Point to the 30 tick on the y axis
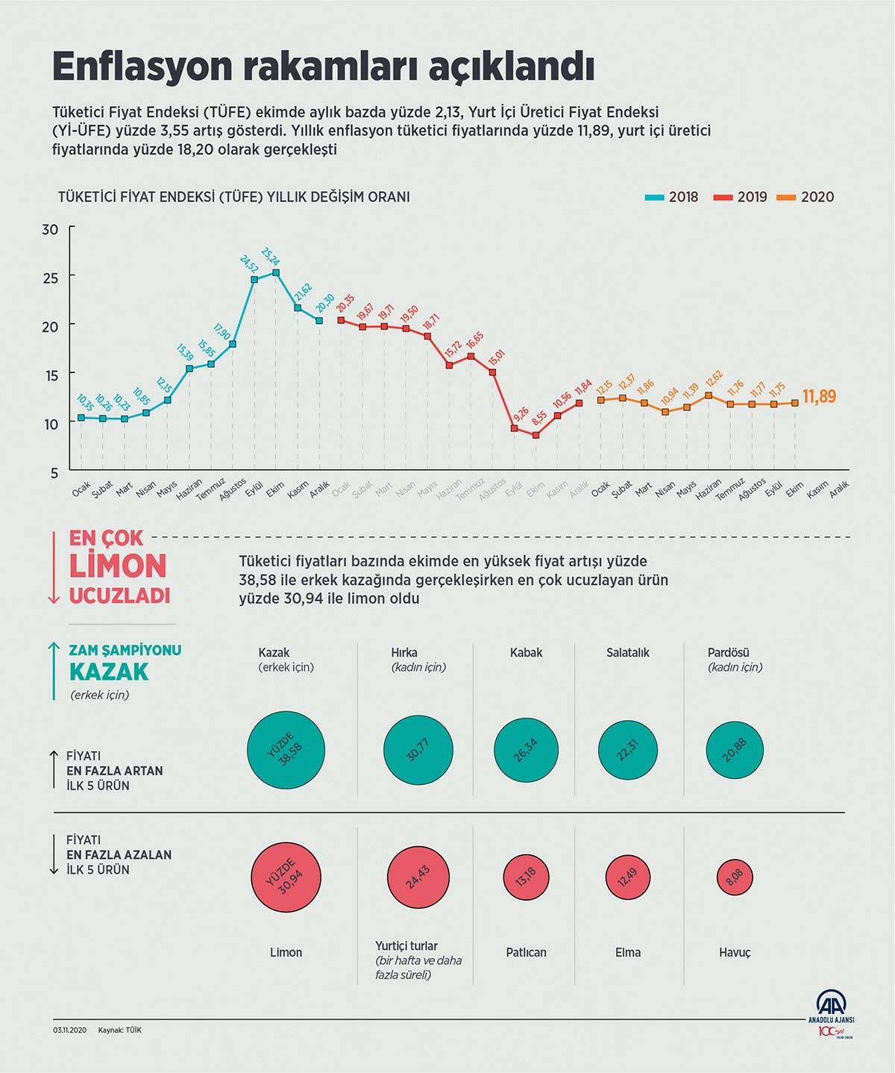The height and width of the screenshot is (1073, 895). [x=50, y=230]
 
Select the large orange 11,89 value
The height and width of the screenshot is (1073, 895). [x=819, y=397]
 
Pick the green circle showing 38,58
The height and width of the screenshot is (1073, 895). [x=286, y=750]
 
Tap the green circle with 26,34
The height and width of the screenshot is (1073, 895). [x=526, y=750]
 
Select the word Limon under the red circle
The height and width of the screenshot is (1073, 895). [x=286, y=952]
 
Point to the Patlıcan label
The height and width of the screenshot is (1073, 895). [x=526, y=952]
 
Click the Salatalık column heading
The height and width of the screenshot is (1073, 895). [x=628, y=652]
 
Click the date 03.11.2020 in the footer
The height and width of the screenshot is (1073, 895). [x=70, y=1030]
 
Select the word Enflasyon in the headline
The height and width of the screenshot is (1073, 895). [x=142, y=67]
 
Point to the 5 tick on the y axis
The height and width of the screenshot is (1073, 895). [x=54, y=472]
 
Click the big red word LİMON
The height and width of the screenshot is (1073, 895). [x=118, y=566]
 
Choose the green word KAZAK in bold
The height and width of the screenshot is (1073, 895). [x=109, y=672]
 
